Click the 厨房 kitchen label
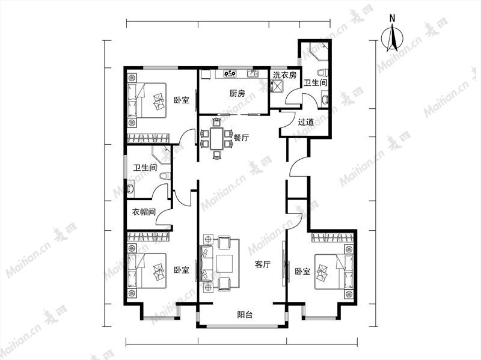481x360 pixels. click(x=237, y=93)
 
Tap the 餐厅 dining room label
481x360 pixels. click(x=241, y=138)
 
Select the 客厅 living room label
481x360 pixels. click(x=263, y=264)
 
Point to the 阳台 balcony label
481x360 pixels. click(x=245, y=314)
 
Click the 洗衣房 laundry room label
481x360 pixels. click(x=284, y=75)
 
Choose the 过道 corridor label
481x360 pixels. click(x=306, y=122)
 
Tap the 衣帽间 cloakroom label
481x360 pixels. click(x=144, y=212)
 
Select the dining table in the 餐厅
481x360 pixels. click(x=217, y=139)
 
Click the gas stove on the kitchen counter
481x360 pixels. click(x=230, y=73)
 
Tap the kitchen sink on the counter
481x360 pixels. click(x=253, y=73)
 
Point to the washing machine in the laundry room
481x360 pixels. click(x=277, y=86)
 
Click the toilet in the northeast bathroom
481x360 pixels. click(x=322, y=73)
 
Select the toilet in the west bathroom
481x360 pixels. click(x=165, y=175)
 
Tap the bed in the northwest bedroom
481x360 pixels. click(x=147, y=100)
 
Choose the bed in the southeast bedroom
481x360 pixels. click(x=334, y=271)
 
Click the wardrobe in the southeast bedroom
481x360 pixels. click(x=332, y=238)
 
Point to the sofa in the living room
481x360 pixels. click(x=206, y=264)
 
